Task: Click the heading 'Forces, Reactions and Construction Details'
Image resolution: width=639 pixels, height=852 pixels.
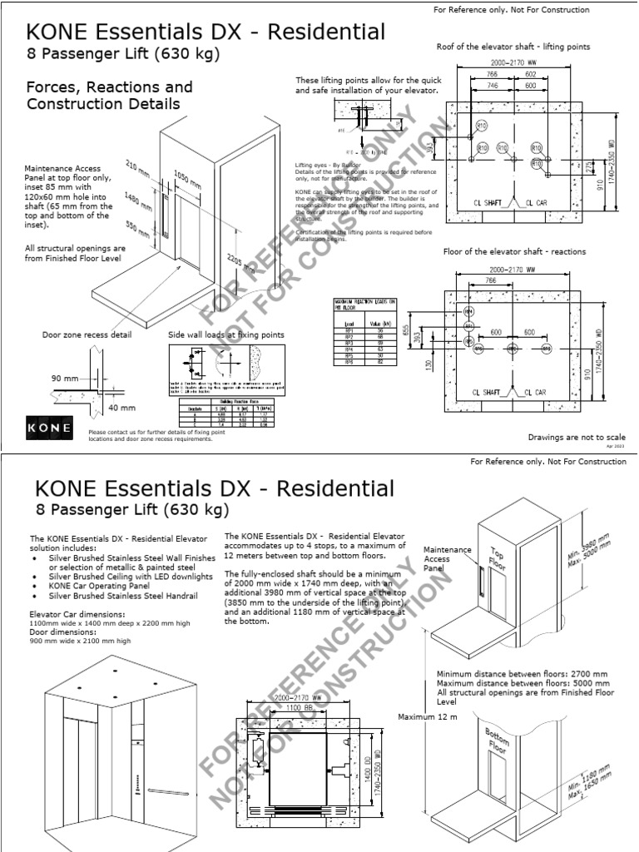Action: coord(109,95)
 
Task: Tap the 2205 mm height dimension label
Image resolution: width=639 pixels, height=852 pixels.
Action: coord(245,265)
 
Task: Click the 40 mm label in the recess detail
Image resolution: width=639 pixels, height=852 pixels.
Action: coord(121,408)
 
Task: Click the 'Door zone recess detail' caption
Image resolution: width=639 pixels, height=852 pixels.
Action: coord(87,334)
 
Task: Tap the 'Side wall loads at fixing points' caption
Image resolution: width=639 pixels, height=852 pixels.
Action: coord(225,334)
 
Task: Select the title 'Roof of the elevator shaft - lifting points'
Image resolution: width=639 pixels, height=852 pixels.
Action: coord(513,47)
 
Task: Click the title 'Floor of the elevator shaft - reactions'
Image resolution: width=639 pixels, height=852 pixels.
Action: coord(514,251)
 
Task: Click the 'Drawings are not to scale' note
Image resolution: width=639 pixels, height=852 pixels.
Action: coord(576,437)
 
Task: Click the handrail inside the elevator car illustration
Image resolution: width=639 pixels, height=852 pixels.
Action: coord(166,788)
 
